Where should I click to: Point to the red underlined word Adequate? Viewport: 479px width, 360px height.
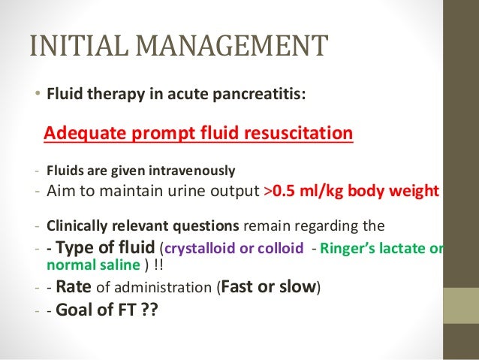coord(79,134)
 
